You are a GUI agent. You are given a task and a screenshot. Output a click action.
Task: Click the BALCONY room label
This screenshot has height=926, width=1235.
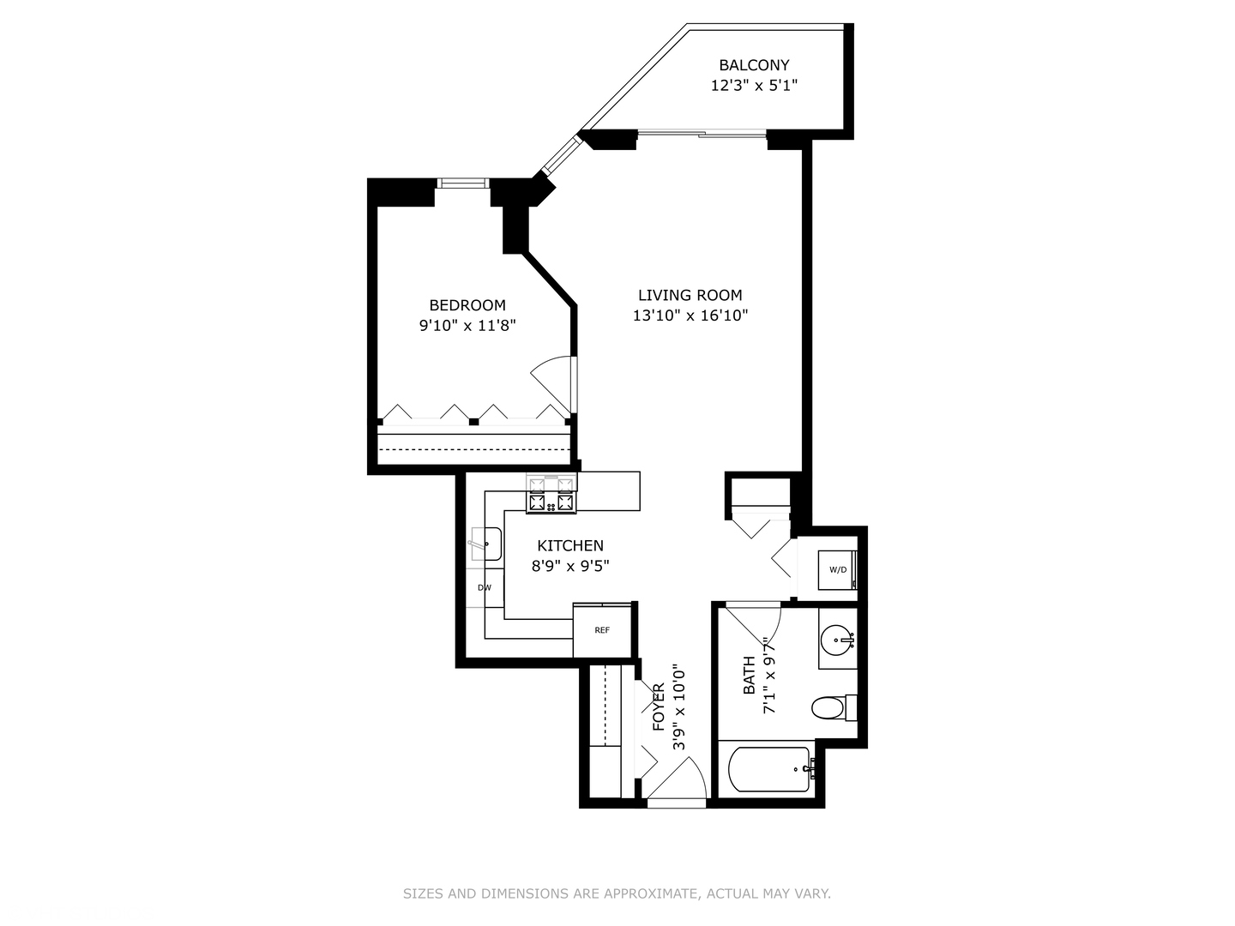[754, 65]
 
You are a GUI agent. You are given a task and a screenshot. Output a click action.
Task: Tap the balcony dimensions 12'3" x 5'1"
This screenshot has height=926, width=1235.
[754, 86]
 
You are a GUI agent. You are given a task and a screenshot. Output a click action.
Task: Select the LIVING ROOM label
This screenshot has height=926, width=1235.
[690, 295]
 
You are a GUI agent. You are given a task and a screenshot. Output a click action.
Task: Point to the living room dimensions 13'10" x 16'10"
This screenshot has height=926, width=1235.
[690, 316]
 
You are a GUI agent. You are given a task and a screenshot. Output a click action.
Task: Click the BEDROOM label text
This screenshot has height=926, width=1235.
[467, 305]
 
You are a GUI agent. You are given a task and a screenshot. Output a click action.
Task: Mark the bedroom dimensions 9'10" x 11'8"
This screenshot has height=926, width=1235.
[467, 326]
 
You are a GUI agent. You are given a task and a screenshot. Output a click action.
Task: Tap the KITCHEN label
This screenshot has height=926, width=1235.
[570, 545]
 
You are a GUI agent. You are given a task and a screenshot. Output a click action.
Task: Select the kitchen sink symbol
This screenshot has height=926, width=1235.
[487, 544]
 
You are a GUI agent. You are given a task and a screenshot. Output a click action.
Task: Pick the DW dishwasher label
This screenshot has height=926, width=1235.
[485, 587]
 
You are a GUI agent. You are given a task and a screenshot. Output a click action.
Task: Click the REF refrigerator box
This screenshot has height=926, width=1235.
[602, 630]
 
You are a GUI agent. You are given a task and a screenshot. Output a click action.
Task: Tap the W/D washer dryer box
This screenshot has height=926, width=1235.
[837, 570]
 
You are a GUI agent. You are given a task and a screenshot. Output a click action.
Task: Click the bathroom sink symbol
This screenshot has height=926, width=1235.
[836, 640]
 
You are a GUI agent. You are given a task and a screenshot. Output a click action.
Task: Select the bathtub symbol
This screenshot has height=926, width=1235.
[768, 769]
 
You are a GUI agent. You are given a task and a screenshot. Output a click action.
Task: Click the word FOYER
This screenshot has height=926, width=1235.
[659, 707]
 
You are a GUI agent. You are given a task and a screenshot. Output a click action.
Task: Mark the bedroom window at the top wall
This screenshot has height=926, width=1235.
[462, 183]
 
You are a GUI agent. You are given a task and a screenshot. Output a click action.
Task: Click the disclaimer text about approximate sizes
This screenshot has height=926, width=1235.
[617, 893]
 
